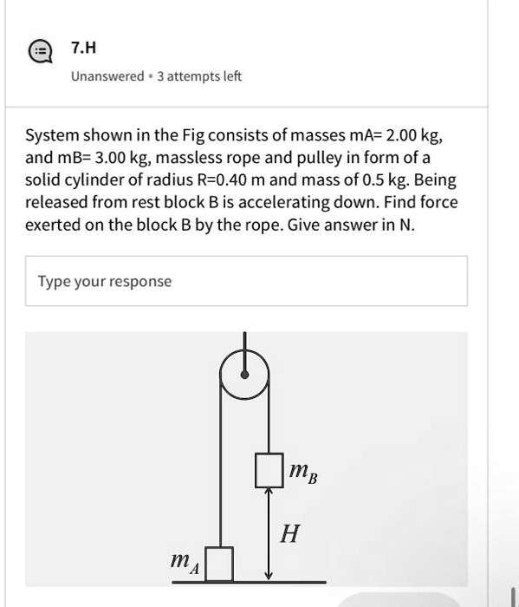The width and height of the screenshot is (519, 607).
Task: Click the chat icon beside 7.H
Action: [39, 52]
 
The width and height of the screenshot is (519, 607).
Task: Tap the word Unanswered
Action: [107, 76]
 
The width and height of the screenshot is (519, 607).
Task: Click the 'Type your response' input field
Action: [246, 281]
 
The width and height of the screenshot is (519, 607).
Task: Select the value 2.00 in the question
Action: [403, 135]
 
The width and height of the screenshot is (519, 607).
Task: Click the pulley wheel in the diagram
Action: [245, 374]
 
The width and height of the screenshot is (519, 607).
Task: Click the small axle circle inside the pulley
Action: [245, 375]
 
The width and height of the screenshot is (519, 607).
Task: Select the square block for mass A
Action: [219, 563]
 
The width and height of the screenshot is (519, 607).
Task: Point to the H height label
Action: [289, 534]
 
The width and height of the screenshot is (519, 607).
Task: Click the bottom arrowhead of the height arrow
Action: [269, 576]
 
